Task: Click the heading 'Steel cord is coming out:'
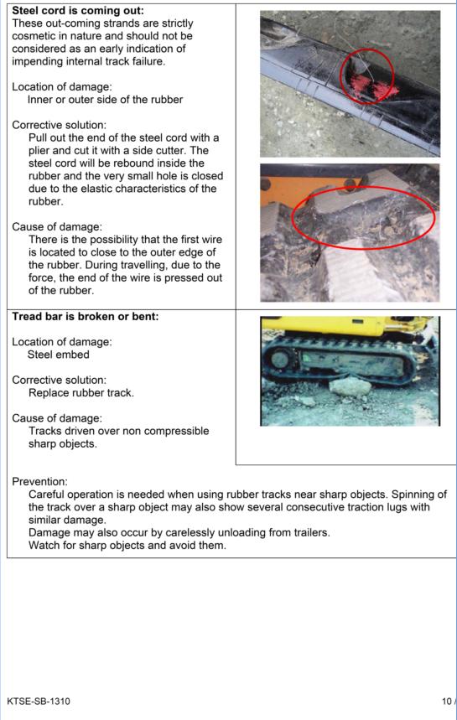coord(78,10)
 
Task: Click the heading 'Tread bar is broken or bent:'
coord(86,316)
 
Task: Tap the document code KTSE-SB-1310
coord(39,702)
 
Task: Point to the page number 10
coord(446,702)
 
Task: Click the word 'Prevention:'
coord(39,482)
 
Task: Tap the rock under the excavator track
coord(350,387)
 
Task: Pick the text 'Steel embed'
coord(59,355)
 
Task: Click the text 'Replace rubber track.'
coord(81,393)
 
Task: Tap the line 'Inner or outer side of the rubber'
coord(105,100)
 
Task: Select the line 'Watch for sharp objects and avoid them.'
coord(127,546)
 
